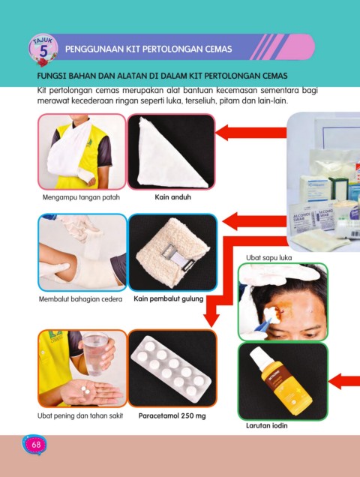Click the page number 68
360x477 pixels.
point(36,445)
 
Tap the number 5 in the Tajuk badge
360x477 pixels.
point(43,52)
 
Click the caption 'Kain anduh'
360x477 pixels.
point(172,197)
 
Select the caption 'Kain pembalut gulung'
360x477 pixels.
point(168,299)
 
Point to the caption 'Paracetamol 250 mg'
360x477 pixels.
point(172,415)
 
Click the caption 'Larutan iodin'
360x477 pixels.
point(266,425)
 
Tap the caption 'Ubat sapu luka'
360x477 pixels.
point(268,258)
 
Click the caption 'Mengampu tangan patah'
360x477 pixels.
point(81,197)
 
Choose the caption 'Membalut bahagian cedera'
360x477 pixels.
point(80,299)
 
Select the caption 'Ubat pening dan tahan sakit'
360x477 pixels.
point(80,415)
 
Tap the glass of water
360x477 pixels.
point(95,353)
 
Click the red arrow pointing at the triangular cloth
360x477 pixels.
point(250,133)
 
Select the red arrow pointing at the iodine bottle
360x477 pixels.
point(344,381)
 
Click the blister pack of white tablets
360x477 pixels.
point(171,369)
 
